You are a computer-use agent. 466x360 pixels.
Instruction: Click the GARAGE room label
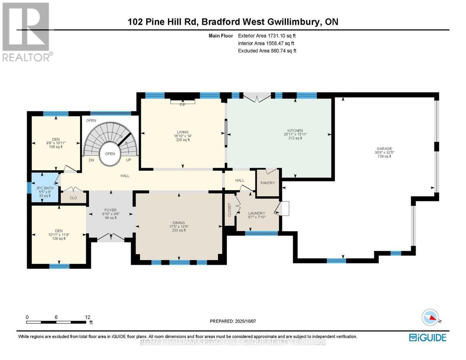[384, 148]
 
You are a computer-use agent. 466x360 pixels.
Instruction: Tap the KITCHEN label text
[295, 130]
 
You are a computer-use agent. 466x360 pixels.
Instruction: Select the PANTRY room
[267, 183]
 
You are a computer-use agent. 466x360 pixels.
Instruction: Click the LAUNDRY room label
[257, 213]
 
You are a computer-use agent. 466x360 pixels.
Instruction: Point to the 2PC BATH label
[45, 188]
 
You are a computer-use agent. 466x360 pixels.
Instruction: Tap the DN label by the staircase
[91, 160]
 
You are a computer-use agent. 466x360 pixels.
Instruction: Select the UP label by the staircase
[128, 160]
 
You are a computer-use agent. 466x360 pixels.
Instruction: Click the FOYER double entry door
[111, 237]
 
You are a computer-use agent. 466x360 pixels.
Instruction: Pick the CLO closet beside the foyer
[73, 198]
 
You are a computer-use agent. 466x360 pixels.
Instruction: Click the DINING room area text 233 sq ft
[179, 230]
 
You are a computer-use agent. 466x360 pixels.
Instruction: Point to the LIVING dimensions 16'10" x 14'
[182, 136]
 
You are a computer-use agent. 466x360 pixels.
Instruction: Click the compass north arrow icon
[430, 317]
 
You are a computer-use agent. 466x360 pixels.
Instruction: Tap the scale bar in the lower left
[56, 322]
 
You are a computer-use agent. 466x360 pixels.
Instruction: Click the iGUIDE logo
[428, 337]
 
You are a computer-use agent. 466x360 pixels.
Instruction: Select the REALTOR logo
[26, 31]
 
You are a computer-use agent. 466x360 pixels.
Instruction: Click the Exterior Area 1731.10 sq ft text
[267, 36]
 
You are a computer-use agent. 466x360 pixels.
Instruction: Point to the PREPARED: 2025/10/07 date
[233, 321]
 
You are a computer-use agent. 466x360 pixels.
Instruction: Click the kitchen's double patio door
[257, 97]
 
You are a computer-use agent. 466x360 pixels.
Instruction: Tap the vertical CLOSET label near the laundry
[230, 210]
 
